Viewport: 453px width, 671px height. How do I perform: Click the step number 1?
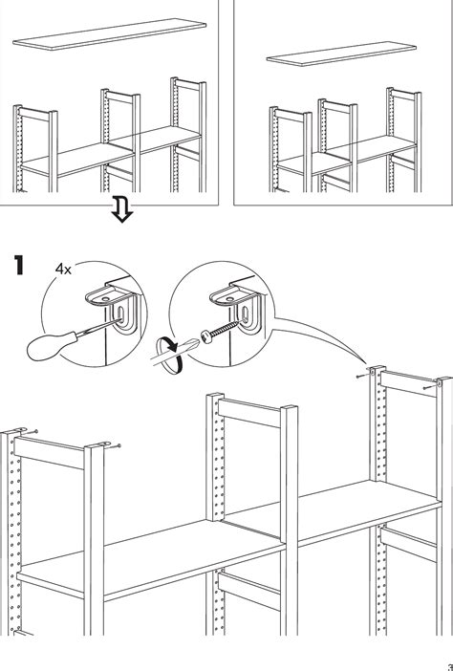tap(19, 265)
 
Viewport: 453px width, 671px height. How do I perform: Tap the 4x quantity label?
tap(63, 269)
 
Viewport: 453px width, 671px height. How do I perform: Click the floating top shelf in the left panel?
tap(110, 34)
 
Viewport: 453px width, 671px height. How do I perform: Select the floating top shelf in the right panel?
tap(341, 54)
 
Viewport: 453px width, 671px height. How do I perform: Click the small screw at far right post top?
tap(428, 387)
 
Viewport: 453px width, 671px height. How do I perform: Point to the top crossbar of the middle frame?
tap(249, 413)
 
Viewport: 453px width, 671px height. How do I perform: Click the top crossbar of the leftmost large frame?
tap(49, 453)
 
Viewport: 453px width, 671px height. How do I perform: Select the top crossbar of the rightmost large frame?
tap(408, 383)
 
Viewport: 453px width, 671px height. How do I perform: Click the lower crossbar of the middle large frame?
tap(249, 590)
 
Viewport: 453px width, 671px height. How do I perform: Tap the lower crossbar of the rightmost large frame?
tap(408, 544)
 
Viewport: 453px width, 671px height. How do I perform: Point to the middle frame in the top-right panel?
tap(338, 145)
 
